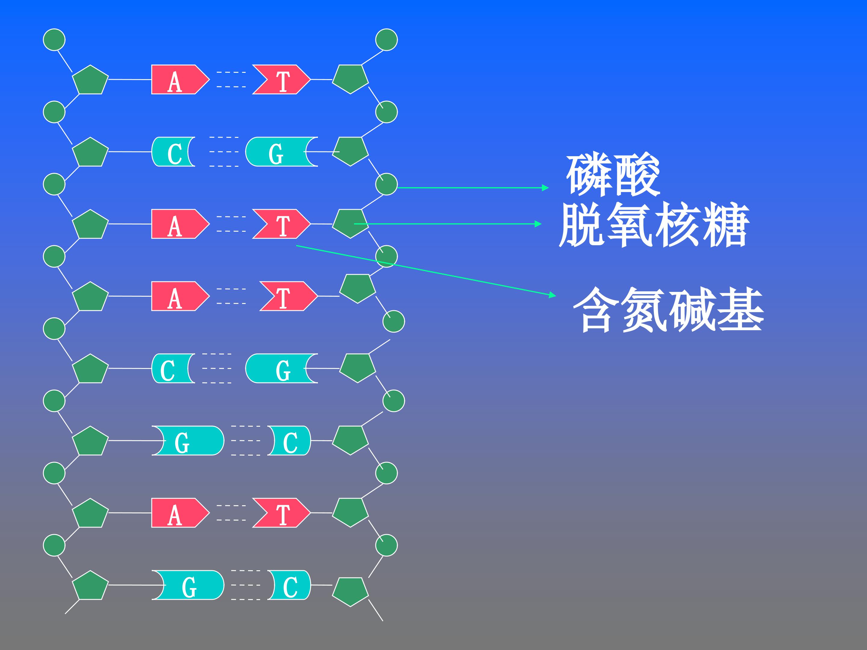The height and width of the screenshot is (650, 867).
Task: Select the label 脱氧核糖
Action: [654, 224]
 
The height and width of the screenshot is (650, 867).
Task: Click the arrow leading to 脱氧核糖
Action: [448, 224]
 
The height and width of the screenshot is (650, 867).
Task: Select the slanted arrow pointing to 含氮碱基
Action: [426, 270]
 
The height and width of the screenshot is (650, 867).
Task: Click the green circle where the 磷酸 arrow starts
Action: [387, 184]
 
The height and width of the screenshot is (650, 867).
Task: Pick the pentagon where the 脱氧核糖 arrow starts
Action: [350, 223]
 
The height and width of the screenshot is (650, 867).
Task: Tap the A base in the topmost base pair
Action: [180, 79]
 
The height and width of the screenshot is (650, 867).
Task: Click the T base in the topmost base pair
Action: [281, 79]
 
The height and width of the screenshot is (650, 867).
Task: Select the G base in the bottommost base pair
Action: [188, 585]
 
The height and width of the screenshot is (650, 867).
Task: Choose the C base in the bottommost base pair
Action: [289, 585]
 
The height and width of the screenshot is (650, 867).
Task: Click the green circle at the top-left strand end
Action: [54, 40]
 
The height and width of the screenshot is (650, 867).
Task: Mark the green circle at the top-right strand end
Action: [387, 40]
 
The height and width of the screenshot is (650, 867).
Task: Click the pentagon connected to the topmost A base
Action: [90, 79]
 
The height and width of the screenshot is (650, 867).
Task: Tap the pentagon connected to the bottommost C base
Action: [350, 592]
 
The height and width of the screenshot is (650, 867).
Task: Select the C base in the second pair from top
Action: [173, 152]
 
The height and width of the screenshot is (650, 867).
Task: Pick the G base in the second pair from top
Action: [281, 152]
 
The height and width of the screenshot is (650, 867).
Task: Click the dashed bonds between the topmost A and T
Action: [231, 79]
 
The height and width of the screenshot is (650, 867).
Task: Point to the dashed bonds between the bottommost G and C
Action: [246, 585]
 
